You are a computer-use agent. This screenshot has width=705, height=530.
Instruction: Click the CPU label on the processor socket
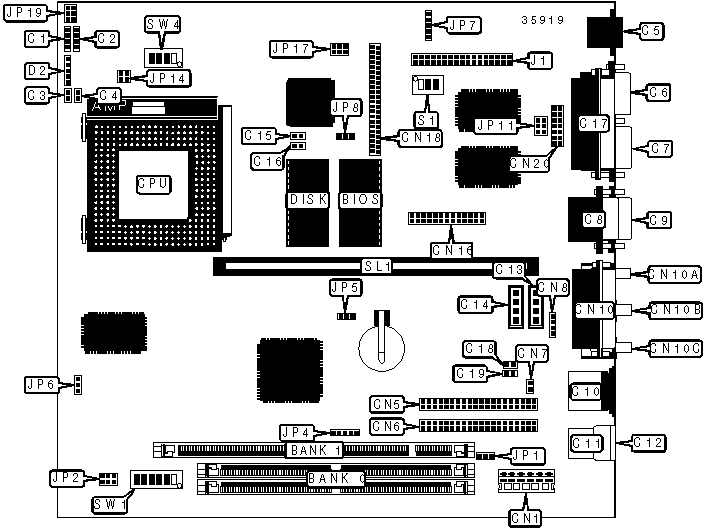[x=154, y=184]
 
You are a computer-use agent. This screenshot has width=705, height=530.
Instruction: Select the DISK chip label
[x=308, y=199]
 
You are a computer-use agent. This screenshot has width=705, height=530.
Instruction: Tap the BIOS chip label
[x=360, y=199]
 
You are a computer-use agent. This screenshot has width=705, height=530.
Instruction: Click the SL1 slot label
[x=377, y=267]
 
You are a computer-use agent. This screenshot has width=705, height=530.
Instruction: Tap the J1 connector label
[x=538, y=61]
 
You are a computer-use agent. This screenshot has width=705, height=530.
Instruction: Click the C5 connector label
[x=651, y=31]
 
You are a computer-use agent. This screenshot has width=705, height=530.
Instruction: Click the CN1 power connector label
[x=523, y=517]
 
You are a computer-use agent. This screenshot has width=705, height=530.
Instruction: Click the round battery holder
[x=381, y=343]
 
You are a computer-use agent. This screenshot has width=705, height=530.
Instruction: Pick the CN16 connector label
[x=451, y=250]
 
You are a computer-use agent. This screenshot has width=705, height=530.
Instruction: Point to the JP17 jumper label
[x=291, y=48]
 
